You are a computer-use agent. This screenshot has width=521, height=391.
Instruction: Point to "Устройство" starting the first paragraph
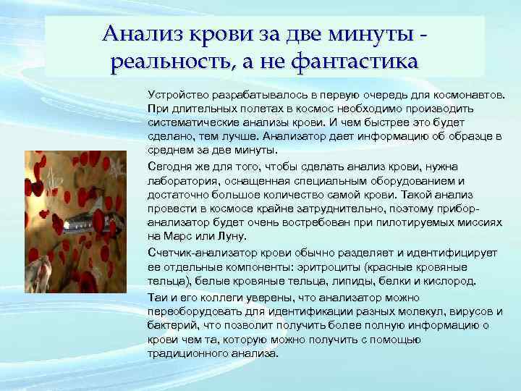(x=174, y=94)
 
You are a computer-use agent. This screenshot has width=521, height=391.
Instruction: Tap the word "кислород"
(x=452, y=280)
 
